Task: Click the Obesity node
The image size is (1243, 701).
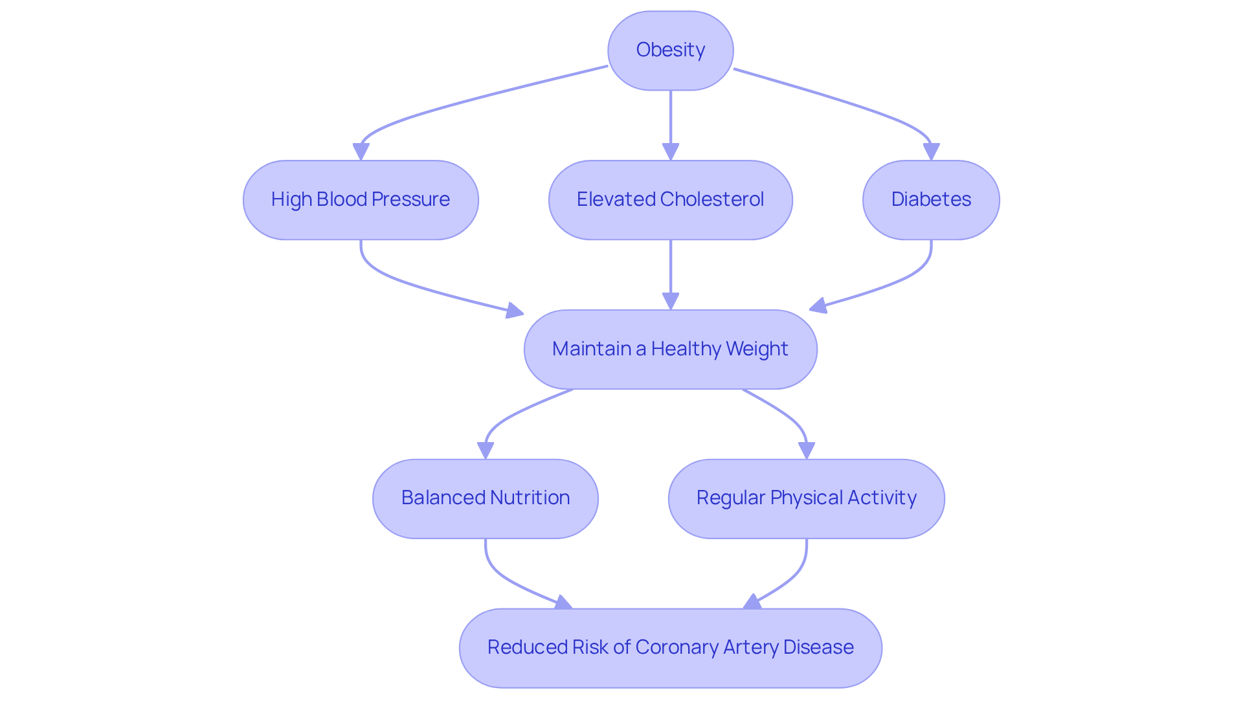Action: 670,50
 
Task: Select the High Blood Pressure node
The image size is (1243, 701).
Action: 361,199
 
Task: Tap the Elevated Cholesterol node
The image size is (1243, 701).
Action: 670,199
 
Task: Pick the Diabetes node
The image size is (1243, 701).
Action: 930,199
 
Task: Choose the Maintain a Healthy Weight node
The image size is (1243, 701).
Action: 670,349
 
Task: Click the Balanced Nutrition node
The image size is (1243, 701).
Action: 485,498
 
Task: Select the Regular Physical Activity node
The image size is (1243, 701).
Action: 806,498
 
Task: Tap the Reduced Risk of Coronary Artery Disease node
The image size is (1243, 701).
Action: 670,647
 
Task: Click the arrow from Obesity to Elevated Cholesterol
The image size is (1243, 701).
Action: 671,123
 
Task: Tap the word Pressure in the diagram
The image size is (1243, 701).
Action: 410,199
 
